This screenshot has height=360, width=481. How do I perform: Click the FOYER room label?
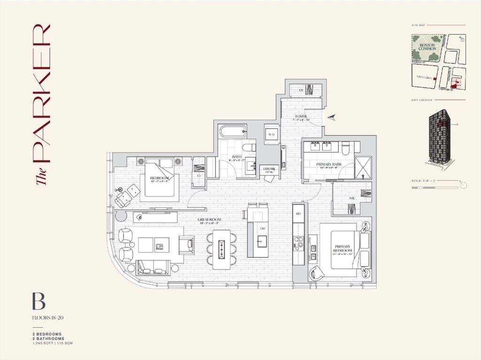[x=301, y=116]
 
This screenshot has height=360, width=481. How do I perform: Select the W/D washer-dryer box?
[x=272, y=134]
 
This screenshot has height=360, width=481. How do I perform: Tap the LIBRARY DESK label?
[x=269, y=170]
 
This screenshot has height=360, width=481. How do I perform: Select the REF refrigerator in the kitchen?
[x=298, y=213]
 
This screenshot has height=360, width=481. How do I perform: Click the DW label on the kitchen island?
[x=263, y=228]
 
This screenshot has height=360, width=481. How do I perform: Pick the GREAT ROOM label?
[x=209, y=219]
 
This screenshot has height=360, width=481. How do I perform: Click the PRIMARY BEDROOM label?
[x=345, y=249]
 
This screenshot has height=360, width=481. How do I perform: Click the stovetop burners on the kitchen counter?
[x=298, y=243]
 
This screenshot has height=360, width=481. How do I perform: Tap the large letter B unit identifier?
[x=39, y=301]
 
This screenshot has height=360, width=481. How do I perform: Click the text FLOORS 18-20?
[x=47, y=318]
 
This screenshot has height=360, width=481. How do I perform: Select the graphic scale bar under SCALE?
[x=434, y=187]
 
